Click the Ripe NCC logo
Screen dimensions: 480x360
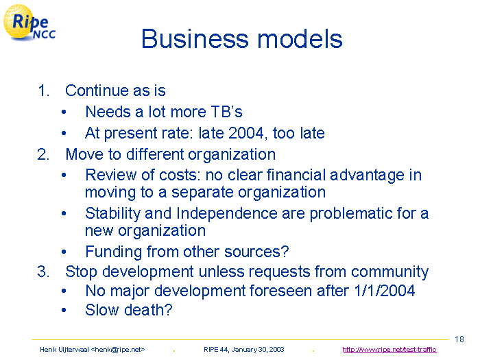click(29, 23)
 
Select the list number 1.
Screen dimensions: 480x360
click(43, 91)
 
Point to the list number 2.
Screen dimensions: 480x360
click(43, 154)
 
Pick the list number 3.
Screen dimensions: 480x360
click(43, 272)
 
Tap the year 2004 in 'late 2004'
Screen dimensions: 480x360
click(246, 133)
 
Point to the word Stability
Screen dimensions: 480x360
click(112, 213)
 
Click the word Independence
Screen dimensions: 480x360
click(227, 213)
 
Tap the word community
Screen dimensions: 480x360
click(389, 272)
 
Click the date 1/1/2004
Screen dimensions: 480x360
click(385, 291)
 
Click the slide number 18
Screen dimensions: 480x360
click(459, 339)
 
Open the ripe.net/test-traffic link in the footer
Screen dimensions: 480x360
click(389, 350)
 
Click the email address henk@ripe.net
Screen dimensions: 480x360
click(118, 350)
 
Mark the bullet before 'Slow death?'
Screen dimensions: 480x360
click(64, 310)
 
